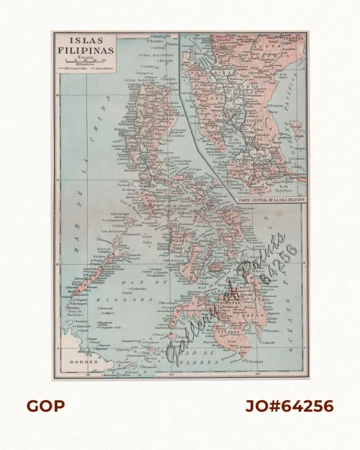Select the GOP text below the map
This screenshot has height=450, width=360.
point(45,406)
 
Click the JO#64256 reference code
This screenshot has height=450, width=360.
point(289,406)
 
